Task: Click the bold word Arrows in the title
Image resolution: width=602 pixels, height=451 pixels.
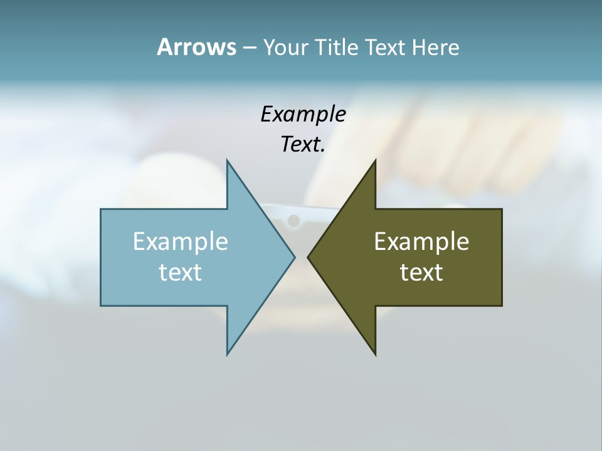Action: [196, 47]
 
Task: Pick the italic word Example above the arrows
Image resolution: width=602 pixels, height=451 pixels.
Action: [303, 114]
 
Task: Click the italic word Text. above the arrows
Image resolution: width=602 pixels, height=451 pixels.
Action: [303, 145]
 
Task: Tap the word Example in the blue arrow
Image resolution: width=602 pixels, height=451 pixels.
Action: [181, 241]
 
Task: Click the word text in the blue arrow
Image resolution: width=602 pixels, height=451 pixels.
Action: [181, 272]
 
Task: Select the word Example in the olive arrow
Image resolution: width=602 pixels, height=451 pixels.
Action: [421, 241]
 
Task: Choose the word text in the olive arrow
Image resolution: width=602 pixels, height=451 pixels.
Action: [421, 272]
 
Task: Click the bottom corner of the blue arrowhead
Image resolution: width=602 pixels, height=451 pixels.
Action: [228, 353]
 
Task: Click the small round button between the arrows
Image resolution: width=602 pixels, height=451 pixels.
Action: [293, 220]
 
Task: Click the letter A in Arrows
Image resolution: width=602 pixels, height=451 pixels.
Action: [164, 47]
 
